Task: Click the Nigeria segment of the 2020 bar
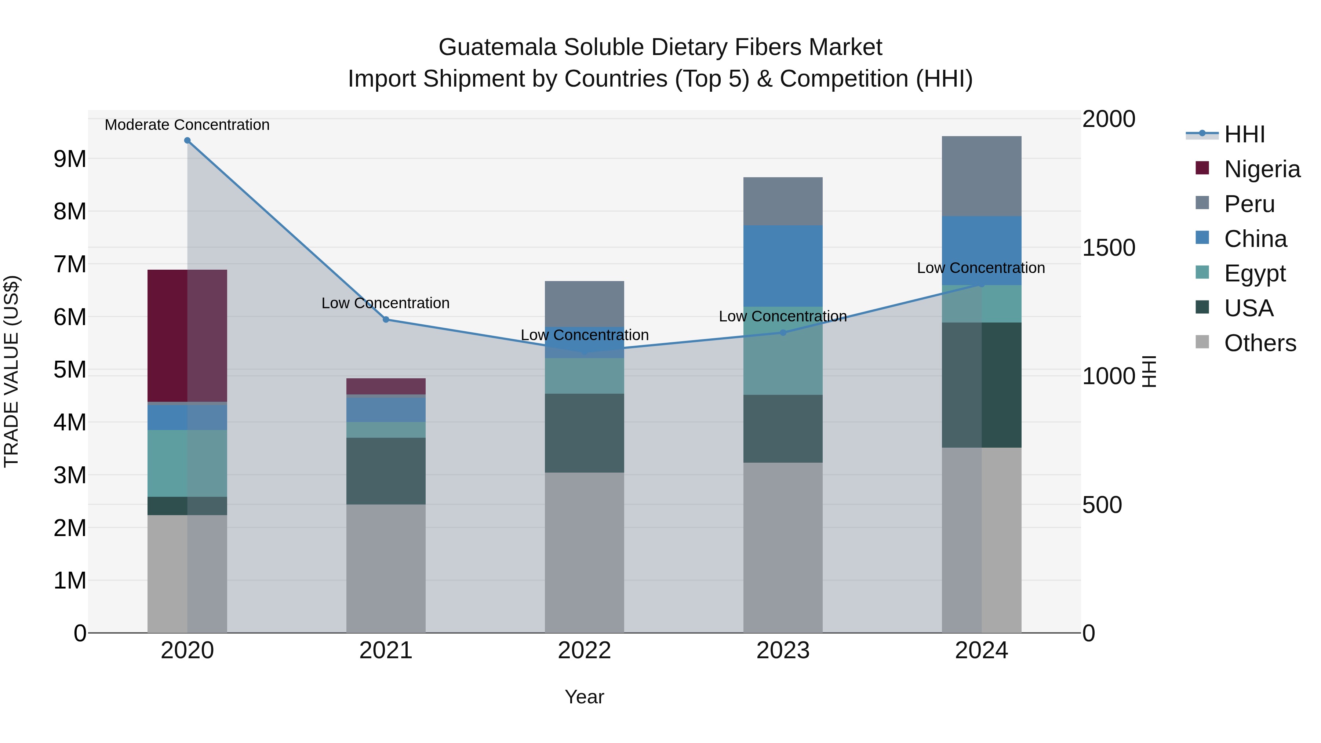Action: coord(187,336)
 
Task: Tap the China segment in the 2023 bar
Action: coord(783,266)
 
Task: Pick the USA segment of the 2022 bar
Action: coord(584,433)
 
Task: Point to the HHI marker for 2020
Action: coord(187,141)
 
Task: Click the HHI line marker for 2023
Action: coord(783,333)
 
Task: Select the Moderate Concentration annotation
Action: coord(187,125)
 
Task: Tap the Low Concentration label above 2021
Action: coord(385,303)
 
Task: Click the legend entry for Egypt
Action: coord(1254,273)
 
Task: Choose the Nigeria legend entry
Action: coord(1262,169)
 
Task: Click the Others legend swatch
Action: coord(1202,342)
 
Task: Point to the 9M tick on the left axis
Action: coord(70,159)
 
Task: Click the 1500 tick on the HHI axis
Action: coord(1109,248)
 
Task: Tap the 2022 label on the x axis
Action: coord(584,651)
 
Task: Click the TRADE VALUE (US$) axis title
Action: coord(12,371)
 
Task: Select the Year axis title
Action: coord(584,697)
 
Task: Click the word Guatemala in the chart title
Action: coord(497,47)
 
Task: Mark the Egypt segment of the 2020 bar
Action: coord(187,463)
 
